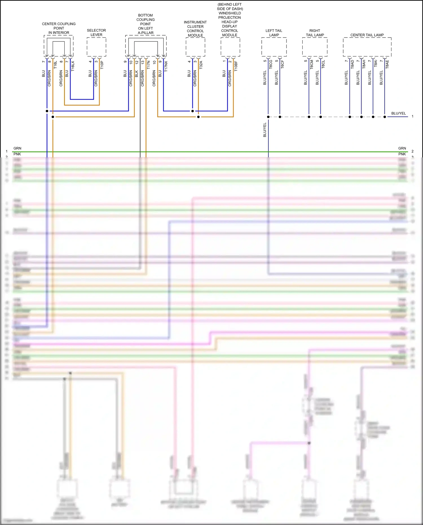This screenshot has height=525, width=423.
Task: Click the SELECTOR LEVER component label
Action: (96, 32)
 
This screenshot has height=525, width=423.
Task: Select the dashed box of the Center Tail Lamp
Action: (367, 47)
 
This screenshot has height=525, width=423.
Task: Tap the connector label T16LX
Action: (73, 66)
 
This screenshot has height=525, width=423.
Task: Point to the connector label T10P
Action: (102, 65)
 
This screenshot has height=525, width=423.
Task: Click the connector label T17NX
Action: (166, 66)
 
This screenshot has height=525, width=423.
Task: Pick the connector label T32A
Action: (201, 65)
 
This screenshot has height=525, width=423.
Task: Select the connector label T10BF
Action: (236, 66)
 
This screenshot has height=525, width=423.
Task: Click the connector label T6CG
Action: (271, 64)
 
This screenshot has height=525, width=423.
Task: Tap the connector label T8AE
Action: (387, 64)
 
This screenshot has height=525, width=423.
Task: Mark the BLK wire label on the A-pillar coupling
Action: (137, 74)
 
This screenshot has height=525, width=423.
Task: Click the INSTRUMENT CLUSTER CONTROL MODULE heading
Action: (195, 29)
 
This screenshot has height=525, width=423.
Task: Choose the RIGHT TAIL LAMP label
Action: (315, 33)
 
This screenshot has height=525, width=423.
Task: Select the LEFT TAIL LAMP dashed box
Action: (274, 47)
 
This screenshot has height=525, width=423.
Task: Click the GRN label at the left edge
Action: (17, 148)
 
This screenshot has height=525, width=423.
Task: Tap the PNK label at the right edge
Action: (402, 154)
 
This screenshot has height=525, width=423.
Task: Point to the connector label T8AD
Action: (352, 64)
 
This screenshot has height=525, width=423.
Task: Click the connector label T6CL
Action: (323, 64)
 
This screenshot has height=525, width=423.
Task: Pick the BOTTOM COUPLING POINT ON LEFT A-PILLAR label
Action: (146, 24)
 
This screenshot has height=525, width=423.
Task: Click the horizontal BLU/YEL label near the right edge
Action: (398, 113)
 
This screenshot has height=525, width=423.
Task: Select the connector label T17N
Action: (148, 65)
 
